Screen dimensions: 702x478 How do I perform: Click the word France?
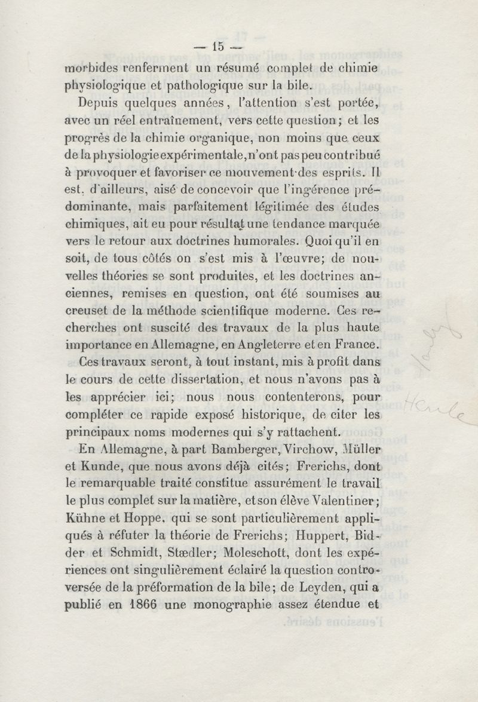point(355,345)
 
